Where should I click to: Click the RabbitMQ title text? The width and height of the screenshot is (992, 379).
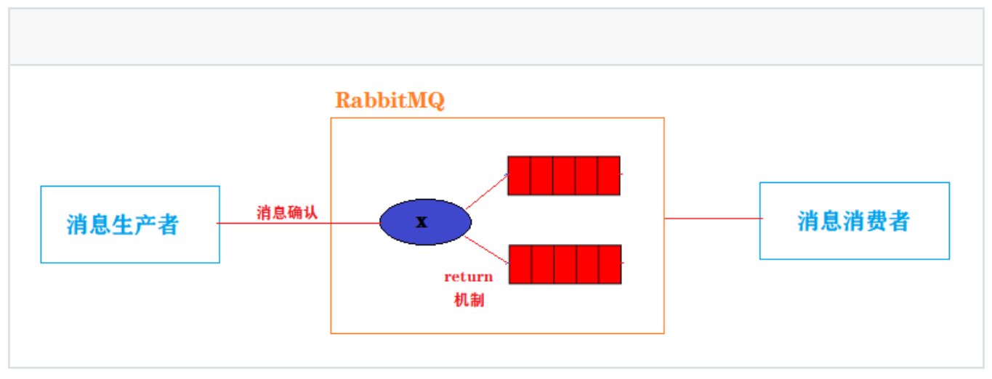pyautogui.click(x=390, y=100)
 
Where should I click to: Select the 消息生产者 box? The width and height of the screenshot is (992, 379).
pyautogui.click(x=130, y=224)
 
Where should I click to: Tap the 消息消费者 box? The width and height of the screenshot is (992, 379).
pyautogui.click(x=854, y=221)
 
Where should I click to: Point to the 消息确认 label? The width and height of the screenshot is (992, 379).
pyautogui.click(x=287, y=213)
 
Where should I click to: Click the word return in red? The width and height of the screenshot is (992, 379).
pyautogui.click(x=468, y=277)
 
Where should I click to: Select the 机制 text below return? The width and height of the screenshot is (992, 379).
pyautogui.click(x=468, y=300)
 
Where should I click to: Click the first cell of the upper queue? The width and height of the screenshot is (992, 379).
pyautogui.click(x=519, y=176)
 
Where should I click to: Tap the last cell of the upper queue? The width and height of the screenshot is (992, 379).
pyautogui.click(x=609, y=176)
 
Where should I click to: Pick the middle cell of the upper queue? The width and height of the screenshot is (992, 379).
pyautogui.click(x=564, y=176)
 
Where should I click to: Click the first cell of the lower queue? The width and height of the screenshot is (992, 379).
pyautogui.click(x=520, y=264)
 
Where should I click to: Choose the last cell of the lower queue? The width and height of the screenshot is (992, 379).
pyautogui.click(x=610, y=264)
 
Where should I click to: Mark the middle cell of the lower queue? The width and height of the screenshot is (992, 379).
pyautogui.click(x=565, y=264)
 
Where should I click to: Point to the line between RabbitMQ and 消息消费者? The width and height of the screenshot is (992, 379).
pyautogui.click(x=712, y=218)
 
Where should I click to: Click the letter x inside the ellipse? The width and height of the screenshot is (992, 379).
pyautogui.click(x=422, y=222)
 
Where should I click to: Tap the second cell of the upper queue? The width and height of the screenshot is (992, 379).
pyautogui.click(x=541, y=176)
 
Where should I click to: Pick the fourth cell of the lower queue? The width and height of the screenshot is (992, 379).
pyautogui.click(x=588, y=264)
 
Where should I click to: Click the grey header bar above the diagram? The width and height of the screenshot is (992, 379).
pyautogui.click(x=496, y=36)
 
